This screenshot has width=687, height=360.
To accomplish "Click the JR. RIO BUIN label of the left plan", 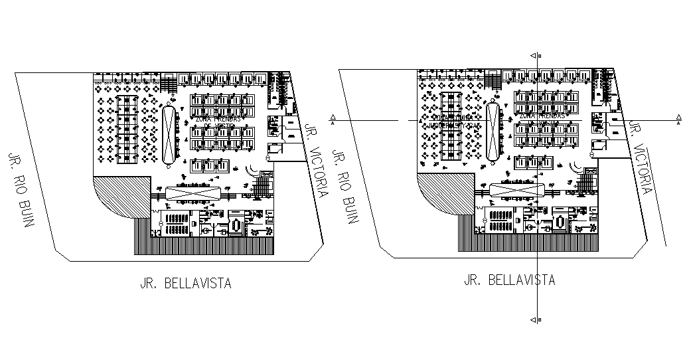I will (21, 190).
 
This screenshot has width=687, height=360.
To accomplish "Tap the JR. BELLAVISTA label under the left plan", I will (185, 284).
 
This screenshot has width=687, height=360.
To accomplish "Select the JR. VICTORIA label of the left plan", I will (316, 159).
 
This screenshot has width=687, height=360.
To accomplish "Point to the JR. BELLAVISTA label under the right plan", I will (509, 280).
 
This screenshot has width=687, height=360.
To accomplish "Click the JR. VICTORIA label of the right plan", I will (641, 157).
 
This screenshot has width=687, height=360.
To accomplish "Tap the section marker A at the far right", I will (678, 121).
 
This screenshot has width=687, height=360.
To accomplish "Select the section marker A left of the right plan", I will (332, 121).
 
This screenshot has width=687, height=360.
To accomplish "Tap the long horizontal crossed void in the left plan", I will (192, 195).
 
